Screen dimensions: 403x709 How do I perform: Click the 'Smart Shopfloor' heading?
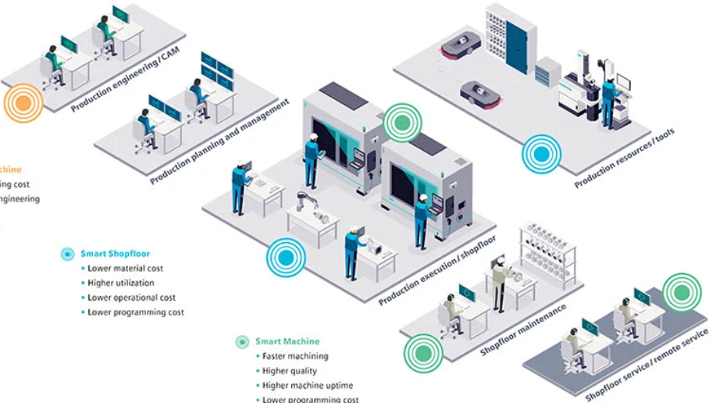point(116,254)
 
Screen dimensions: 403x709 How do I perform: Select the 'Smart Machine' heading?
point(287,341)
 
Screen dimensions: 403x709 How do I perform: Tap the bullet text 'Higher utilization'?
point(121,283)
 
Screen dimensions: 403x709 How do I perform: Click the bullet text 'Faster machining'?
point(295,356)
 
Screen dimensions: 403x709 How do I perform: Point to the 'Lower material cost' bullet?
point(126,269)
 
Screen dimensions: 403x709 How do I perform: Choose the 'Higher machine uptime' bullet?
point(308,385)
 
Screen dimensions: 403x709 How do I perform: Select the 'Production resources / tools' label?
point(624,159)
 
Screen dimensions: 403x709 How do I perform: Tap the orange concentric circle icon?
point(21,103)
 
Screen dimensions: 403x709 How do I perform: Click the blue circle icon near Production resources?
point(541,153)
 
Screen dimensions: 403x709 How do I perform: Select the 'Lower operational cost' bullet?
point(132,298)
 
